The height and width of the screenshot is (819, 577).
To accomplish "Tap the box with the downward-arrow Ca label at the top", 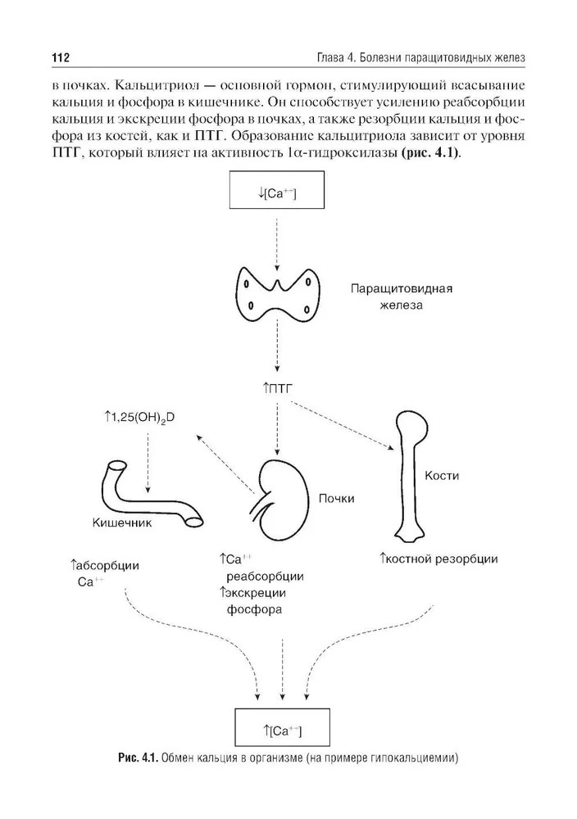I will [x=276, y=194].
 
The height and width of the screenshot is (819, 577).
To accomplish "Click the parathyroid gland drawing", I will [x=276, y=299].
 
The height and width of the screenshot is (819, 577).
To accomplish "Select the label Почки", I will [x=335, y=498].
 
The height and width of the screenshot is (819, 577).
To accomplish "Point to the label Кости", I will [x=442, y=476].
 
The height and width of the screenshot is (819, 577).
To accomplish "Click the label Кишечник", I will [x=122, y=522].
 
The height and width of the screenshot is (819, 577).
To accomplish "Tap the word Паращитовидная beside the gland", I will [x=402, y=289].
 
